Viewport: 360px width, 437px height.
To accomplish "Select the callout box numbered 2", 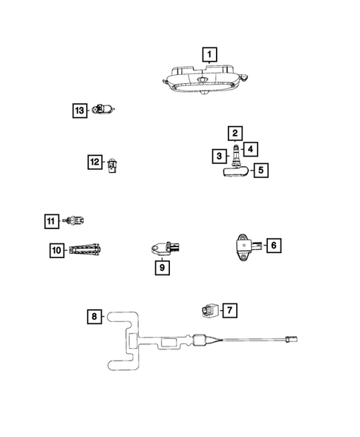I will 235,134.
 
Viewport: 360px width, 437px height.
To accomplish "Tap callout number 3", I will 219,156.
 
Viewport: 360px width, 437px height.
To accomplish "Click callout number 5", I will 260,171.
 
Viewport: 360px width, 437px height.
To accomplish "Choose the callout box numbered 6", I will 272,245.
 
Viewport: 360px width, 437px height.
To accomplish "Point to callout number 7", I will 229,309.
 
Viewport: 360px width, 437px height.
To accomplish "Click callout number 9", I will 160,268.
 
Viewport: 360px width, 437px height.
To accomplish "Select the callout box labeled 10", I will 56,251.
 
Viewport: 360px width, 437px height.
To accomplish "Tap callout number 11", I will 50,221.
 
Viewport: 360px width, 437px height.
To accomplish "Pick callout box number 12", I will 94,162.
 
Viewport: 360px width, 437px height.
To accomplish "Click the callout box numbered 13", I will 79,111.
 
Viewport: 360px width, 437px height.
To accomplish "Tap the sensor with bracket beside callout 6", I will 243,243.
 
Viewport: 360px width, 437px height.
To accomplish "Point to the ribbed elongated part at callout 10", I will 88,251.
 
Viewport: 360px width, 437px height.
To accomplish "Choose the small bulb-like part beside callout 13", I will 102,111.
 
